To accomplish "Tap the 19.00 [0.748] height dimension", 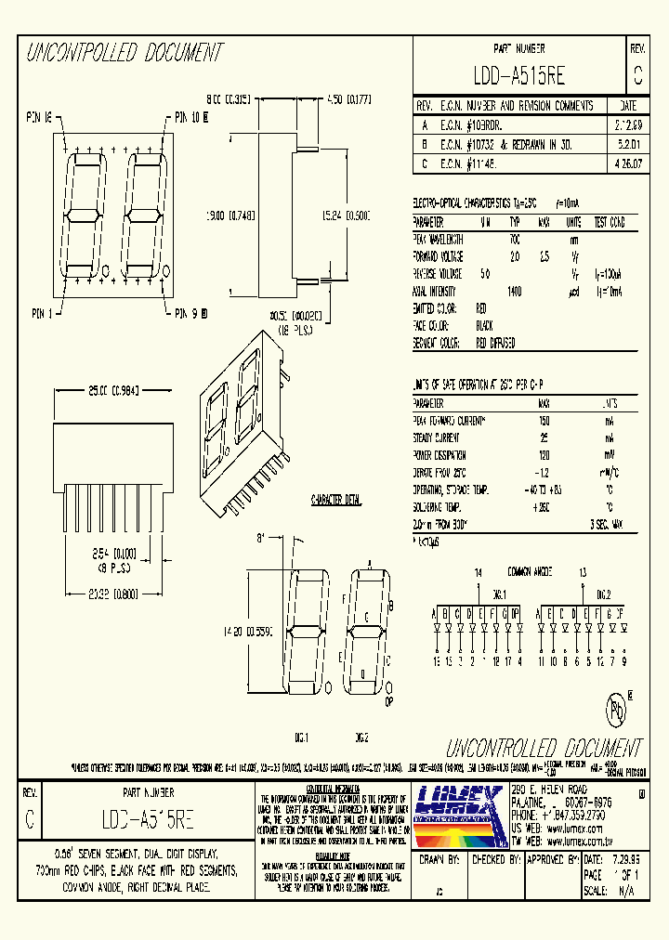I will [230, 215].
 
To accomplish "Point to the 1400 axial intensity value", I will [513, 291].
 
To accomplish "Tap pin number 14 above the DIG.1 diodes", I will [478, 572].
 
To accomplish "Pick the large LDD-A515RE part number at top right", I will [518, 74].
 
